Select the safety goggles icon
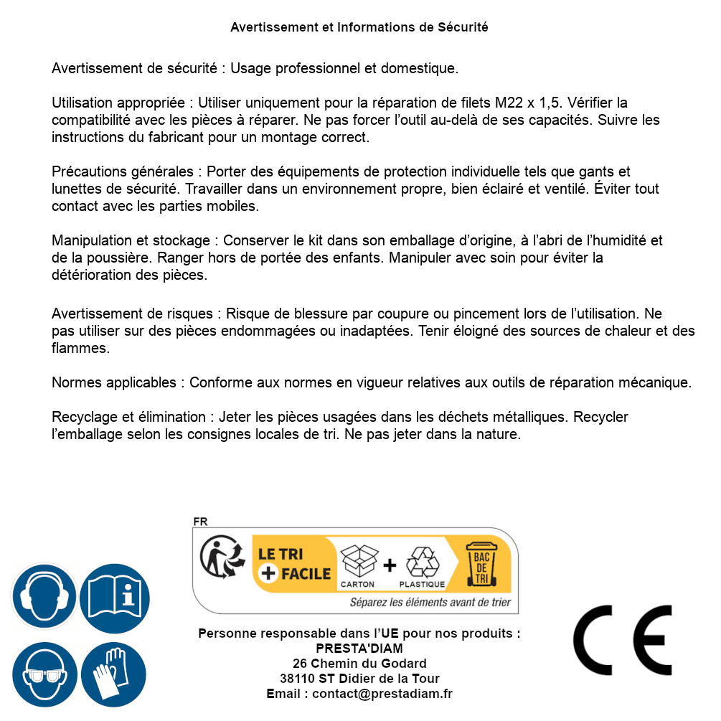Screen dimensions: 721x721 coord(44,675)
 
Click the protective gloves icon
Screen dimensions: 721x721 coord(114,675)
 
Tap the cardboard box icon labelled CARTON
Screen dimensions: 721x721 coord(358,561)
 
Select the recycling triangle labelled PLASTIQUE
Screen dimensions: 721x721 coord(422,561)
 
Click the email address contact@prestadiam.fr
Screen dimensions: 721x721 coord(382,694)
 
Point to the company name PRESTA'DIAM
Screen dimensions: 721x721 coord(359,649)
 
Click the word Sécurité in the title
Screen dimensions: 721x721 coord(463,27)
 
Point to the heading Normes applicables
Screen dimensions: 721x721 coord(113,382)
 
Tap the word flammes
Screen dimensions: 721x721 coord(80,348)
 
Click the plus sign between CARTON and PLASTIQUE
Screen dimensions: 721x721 coord(390,565)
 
